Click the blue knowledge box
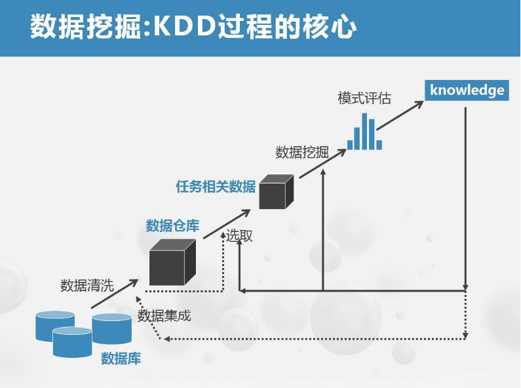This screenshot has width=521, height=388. click(x=467, y=90)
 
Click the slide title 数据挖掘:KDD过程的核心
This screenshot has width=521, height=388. click(x=193, y=28)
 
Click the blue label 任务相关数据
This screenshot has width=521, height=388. click(x=216, y=186)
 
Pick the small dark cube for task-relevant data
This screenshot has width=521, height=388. click(x=275, y=193)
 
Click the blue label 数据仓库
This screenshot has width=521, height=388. click(x=172, y=226)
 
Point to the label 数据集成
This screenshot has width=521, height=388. click(x=164, y=316)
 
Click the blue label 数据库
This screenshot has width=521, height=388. click(x=121, y=359)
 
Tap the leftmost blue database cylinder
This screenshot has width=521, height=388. click(x=55, y=326)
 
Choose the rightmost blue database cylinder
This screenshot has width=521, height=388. click(x=112, y=328)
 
